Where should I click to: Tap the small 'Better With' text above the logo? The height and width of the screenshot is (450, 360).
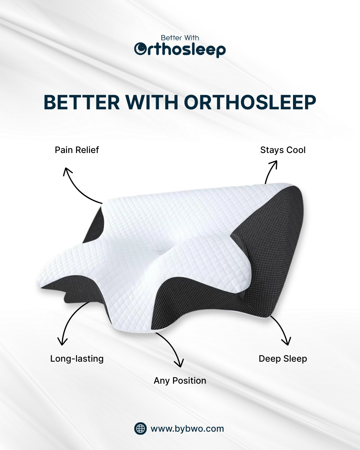pyautogui.click(x=180, y=38)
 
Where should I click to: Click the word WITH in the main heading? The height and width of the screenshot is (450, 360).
pyautogui.click(x=152, y=102)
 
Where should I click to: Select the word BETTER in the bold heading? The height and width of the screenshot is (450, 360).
pyautogui.click(x=82, y=102)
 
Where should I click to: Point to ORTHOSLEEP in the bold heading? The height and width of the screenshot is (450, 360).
pyautogui.click(x=250, y=102)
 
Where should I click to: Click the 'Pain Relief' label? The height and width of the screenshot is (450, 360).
pyautogui.click(x=77, y=150)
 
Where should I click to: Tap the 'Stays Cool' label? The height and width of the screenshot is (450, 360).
pyautogui.click(x=283, y=150)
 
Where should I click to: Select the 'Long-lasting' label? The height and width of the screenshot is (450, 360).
pyautogui.click(x=77, y=359)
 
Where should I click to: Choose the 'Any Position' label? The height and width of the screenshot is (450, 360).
pyautogui.click(x=180, y=381)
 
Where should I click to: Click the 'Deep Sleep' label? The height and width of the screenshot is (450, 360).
pyautogui.click(x=283, y=359)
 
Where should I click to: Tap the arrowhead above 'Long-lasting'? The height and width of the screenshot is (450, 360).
pyautogui.click(x=62, y=342)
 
